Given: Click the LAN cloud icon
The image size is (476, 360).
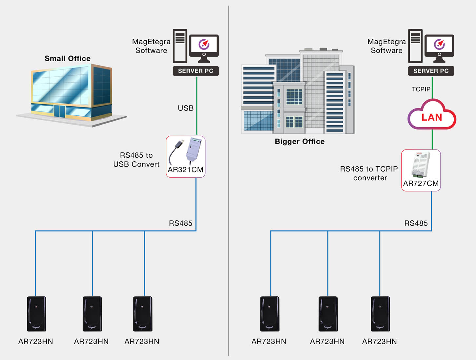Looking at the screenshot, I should tap(432, 116).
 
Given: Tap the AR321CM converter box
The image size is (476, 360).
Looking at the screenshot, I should tap(186, 157).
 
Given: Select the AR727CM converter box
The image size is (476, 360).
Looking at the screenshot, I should tap(421, 170).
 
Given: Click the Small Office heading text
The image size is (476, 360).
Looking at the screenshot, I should tap(68, 58).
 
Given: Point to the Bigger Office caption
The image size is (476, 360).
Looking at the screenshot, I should tap(300, 141).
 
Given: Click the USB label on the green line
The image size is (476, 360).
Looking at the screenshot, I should tap(186, 108).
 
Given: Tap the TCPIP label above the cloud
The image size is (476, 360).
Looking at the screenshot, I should tap(421, 89).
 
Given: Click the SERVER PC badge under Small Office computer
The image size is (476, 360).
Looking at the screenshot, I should tap(196, 71).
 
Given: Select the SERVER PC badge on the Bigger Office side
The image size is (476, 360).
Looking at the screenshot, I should tap(431, 71).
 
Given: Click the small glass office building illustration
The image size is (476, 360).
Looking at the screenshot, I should tap(71, 93).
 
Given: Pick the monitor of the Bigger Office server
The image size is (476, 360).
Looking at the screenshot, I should tap(439, 47).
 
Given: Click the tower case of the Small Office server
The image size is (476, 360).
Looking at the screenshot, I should tap(180, 46).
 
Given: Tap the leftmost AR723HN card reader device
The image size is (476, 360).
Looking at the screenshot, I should tap(36, 314).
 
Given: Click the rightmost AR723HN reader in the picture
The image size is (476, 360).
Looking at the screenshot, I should tap(380, 314).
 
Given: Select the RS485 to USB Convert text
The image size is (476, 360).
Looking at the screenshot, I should tap(136, 160).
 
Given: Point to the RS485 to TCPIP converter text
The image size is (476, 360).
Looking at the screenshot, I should tap(369, 173).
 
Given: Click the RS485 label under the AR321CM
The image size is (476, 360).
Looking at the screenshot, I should tap(180, 223).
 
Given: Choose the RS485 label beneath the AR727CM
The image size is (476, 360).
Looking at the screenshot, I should tap(416, 223).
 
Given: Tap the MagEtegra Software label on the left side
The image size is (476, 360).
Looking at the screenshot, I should tap(151, 46).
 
